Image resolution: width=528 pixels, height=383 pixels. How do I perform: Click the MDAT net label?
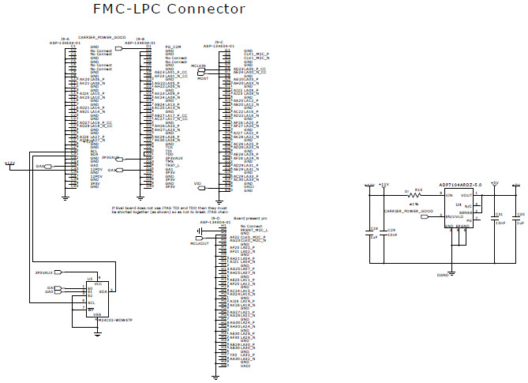pos(203,79)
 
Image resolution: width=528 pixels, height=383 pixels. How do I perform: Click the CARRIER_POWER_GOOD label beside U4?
pos(408,211)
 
